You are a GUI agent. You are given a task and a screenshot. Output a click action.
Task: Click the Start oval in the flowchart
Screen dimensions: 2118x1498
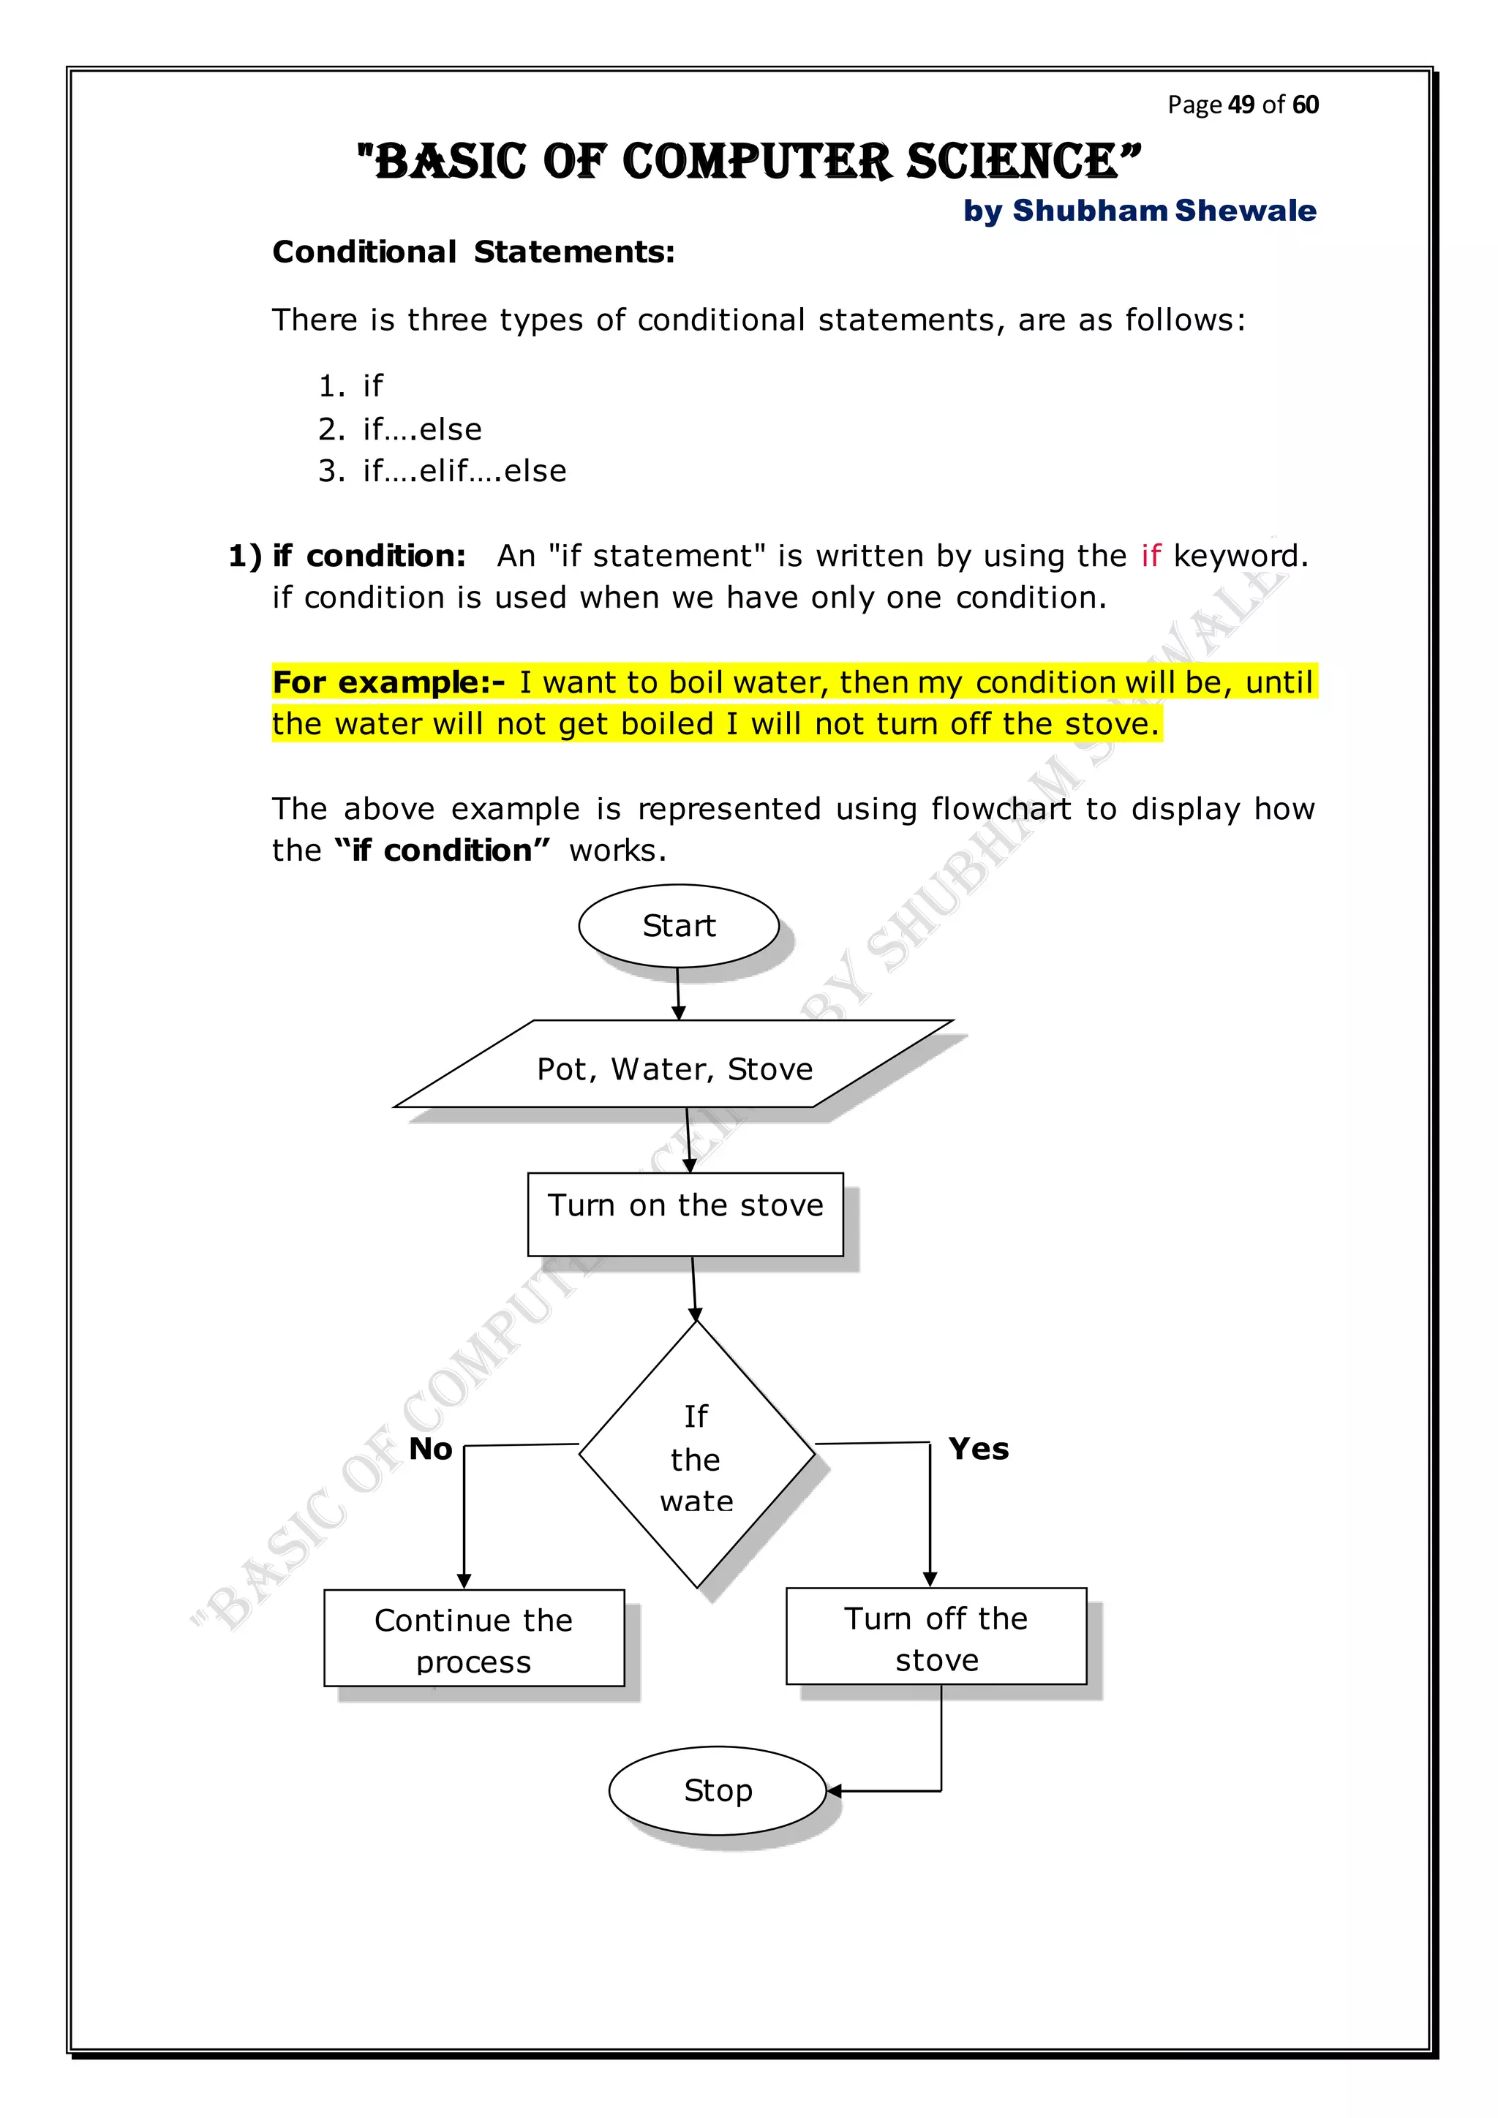(x=679, y=925)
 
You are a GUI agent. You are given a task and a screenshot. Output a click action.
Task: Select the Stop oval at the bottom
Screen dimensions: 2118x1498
(x=718, y=1790)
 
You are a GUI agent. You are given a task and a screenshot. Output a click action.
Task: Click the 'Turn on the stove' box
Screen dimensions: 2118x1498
(x=685, y=1214)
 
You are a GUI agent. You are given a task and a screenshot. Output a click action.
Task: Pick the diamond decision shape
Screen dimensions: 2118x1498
(x=696, y=1455)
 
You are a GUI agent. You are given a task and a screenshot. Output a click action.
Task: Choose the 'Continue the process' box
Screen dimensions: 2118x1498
(x=474, y=1638)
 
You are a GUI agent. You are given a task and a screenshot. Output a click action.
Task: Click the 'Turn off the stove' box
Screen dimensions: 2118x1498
(x=936, y=1637)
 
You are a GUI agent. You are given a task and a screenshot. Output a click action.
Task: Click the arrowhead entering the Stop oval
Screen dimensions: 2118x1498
(x=834, y=1791)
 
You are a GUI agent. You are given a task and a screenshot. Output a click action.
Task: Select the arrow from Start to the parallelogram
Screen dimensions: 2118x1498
(x=678, y=993)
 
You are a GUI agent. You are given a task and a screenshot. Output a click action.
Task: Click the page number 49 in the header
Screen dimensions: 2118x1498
(x=1241, y=105)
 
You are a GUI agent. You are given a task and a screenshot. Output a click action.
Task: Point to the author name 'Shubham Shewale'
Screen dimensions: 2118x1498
(x=1164, y=211)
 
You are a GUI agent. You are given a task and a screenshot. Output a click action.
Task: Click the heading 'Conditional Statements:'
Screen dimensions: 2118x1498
(x=473, y=252)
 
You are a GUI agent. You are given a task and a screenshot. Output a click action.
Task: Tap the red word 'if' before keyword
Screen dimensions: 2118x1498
(x=1151, y=555)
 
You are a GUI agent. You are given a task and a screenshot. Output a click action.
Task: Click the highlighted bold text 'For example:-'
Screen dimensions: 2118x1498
(x=388, y=682)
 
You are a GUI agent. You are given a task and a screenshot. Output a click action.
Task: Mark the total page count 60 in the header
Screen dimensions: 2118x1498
(x=1305, y=105)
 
